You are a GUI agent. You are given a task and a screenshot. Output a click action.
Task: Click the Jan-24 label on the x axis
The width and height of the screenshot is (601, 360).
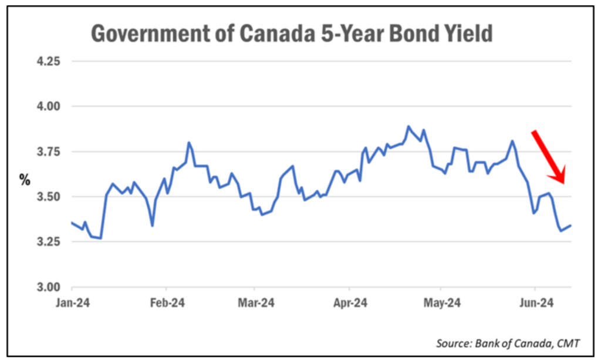pos(72,304)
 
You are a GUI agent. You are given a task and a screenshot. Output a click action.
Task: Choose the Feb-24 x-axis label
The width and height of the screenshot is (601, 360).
pos(167,304)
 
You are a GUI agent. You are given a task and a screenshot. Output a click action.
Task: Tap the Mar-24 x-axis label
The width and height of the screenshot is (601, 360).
pos(255,304)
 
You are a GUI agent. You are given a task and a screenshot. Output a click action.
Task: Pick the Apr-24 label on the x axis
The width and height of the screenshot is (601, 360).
pos(350,304)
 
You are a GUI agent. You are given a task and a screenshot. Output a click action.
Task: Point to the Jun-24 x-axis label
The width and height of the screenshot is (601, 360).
pos(535,304)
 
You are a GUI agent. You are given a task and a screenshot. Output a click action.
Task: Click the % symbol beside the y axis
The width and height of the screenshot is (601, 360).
pos(25,180)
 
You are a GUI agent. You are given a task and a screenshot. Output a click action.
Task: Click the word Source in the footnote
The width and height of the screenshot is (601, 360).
pos(454,343)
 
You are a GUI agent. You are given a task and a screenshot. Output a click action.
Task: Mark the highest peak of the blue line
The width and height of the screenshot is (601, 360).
pos(408,126)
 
